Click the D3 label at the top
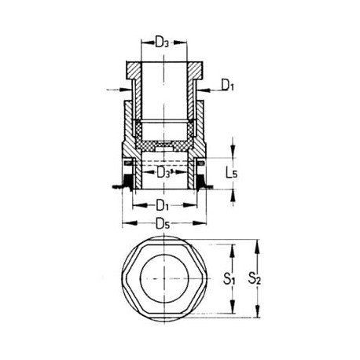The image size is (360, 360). click(162, 42)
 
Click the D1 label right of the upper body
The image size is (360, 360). click(226, 83)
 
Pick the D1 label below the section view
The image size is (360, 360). click(160, 206)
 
